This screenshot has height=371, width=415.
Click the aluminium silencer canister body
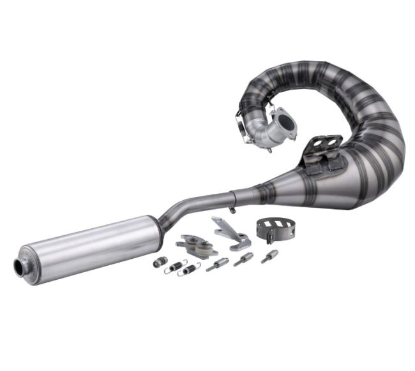89,249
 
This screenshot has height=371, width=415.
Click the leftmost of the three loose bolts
217,264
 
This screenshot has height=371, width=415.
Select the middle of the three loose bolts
243,259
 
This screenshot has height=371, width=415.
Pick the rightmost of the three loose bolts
269,256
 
